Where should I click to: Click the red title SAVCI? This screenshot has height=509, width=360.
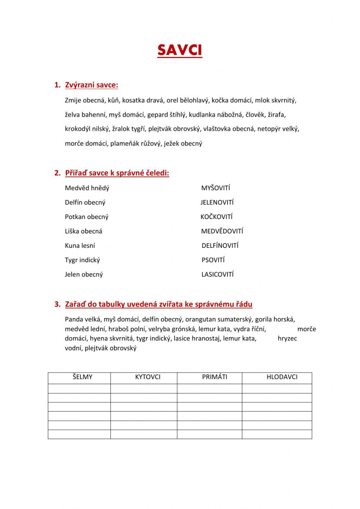(x=180, y=50)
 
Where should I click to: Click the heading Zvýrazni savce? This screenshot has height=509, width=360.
(x=91, y=85)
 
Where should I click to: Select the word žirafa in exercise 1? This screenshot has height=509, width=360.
(x=276, y=115)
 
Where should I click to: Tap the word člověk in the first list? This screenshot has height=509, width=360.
(x=255, y=115)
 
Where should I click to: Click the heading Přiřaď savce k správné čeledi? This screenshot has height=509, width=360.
(x=117, y=173)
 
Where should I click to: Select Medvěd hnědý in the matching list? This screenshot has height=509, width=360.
(x=87, y=188)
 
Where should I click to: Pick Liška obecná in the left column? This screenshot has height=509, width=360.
(x=84, y=231)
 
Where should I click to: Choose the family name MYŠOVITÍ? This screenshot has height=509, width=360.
(x=216, y=188)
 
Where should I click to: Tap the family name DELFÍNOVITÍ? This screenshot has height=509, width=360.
(x=220, y=246)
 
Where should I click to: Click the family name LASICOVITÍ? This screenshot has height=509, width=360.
(x=217, y=274)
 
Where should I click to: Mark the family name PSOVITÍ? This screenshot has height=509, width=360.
(x=213, y=260)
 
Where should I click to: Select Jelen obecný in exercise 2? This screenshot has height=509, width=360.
(x=84, y=274)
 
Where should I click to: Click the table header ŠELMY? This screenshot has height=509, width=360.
(x=82, y=377)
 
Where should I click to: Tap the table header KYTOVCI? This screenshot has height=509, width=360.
(x=148, y=377)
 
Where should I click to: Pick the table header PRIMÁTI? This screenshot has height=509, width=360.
(x=215, y=377)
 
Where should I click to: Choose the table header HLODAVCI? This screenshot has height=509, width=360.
(x=282, y=377)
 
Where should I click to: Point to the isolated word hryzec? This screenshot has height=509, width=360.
(x=287, y=339)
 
